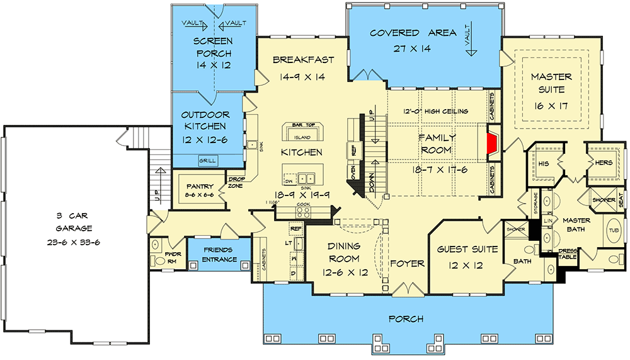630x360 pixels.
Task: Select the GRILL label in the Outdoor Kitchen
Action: [207, 161]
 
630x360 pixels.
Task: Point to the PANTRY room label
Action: [198, 187]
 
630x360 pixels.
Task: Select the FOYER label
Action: [407, 263]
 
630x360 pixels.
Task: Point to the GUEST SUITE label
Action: [467, 249]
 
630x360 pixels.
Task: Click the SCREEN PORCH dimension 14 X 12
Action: [214, 65]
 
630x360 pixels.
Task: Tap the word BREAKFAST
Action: [303, 60]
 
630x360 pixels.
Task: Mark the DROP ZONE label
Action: [236, 182]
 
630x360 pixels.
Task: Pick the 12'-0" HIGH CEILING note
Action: [436, 112]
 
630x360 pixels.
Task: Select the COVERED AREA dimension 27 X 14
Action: [413, 49]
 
